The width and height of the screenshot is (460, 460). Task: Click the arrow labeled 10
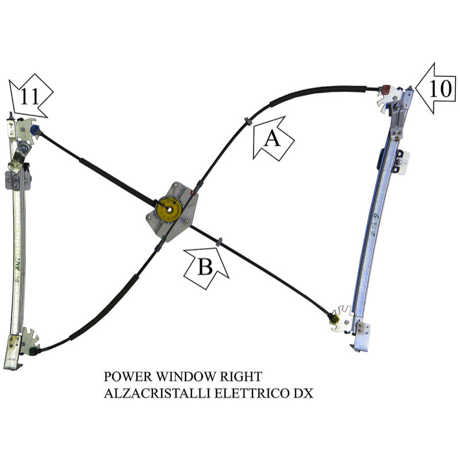pos(436,88)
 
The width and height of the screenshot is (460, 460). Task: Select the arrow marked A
pos(273,139)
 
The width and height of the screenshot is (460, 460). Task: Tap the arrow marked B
pos(206,267)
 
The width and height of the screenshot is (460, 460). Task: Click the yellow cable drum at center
pos(170,209)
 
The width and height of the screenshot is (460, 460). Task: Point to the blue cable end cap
pos(36,130)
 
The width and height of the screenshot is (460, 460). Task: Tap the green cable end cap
pos(33,351)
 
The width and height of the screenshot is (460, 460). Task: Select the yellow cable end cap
pos(333,319)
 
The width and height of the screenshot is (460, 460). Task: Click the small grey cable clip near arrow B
pos(219,242)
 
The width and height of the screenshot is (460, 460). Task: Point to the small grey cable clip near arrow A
pos(247,121)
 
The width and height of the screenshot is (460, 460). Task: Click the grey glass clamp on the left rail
pos(18,181)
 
